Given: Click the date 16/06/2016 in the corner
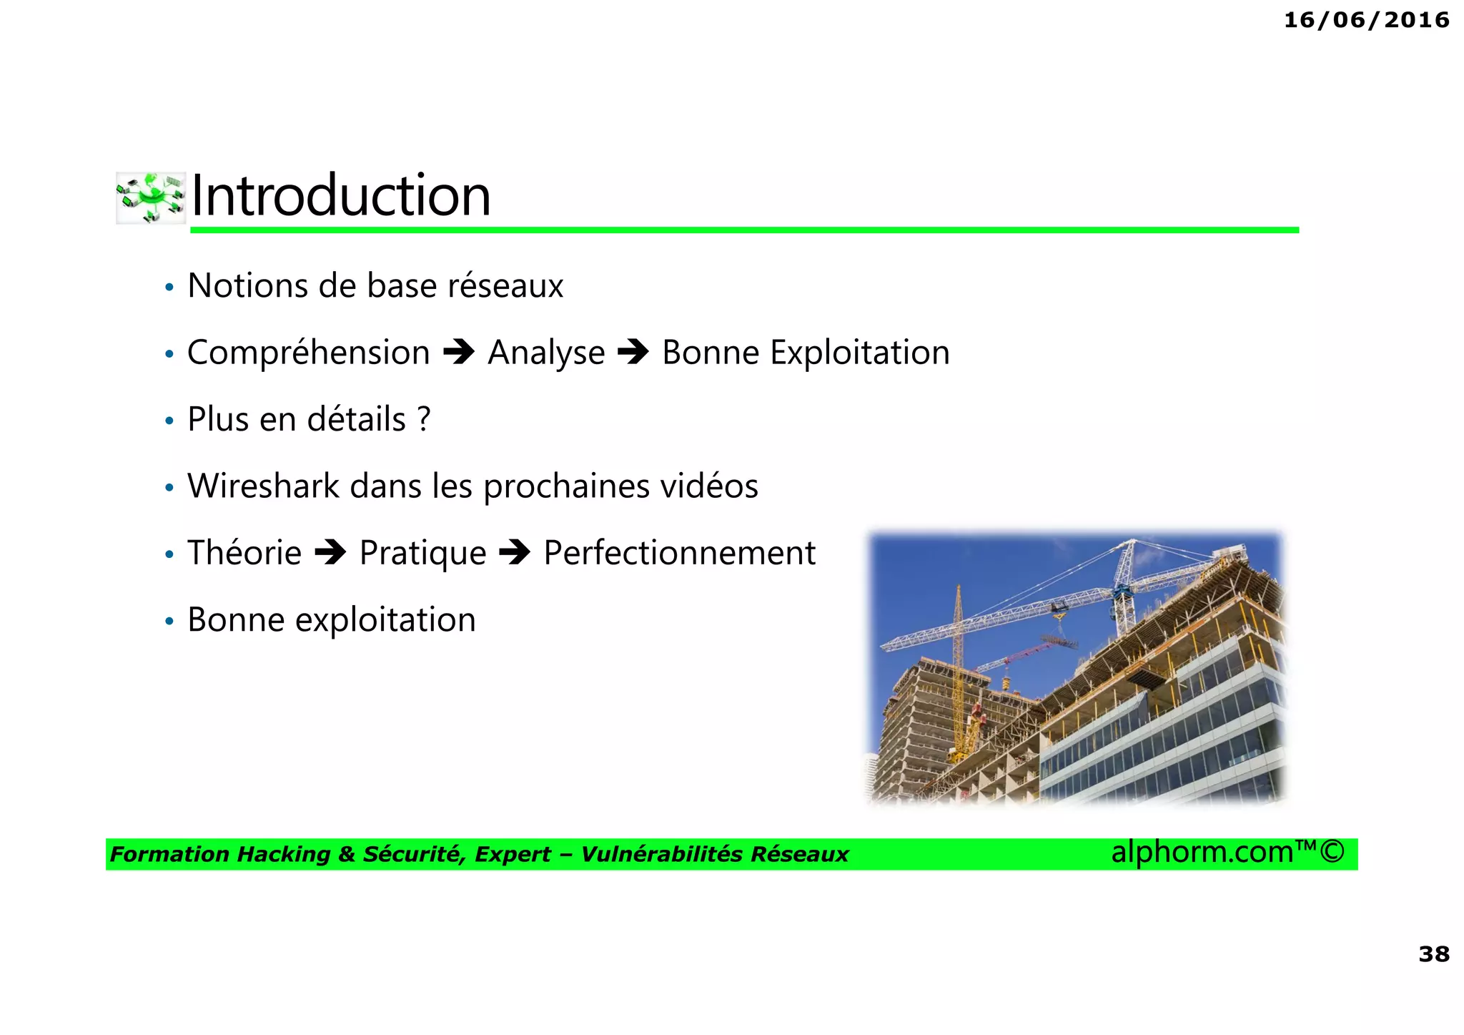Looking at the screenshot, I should pyautogui.click(x=1366, y=20).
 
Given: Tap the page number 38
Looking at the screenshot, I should pyautogui.click(x=1433, y=953).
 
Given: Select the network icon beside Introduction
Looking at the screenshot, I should pyautogui.click(x=151, y=197).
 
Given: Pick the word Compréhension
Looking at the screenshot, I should pyautogui.click(x=308, y=353).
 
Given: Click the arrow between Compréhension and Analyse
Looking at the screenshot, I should pyautogui.click(x=459, y=352).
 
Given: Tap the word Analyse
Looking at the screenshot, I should pyautogui.click(x=546, y=353).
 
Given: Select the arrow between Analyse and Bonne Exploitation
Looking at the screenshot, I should pyautogui.click(x=633, y=352).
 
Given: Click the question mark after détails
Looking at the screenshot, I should pyautogui.click(x=424, y=419).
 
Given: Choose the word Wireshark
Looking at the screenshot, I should pyautogui.click(x=263, y=486).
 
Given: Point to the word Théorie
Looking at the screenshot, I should pyautogui.click(x=244, y=553).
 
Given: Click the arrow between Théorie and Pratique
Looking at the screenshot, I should pyautogui.click(x=330, y=552).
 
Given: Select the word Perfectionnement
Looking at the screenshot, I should pyautogui.click(x=679, y=553).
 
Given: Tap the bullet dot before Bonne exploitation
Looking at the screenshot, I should pyautogui.click(x=169, y=621).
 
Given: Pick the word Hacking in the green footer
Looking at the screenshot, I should pyautogui.click(x=284, y=854).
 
